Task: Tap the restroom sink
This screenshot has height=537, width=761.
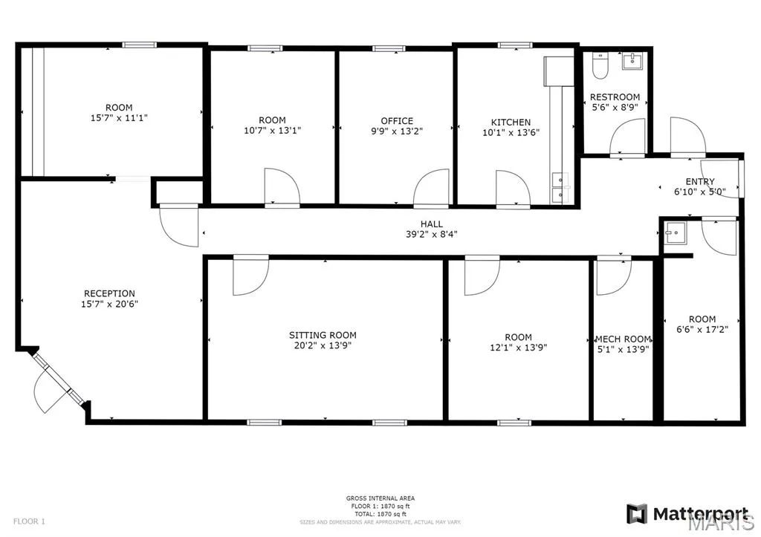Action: [632, 61]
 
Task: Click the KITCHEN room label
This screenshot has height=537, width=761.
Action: [511, 123]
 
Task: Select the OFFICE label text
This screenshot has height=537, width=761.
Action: [397, 121]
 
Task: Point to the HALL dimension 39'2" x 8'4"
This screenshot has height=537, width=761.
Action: [432, 234]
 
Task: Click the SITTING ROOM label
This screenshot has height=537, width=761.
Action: [323, 335]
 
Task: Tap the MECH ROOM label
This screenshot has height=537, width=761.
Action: [624, 339]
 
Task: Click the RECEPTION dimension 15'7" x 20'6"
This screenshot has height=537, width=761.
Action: [110, 305]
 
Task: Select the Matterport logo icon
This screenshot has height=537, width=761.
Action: [637, 514]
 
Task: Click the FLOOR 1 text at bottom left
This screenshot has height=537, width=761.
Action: [29, 521]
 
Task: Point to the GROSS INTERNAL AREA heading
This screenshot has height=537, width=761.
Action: [380, 498]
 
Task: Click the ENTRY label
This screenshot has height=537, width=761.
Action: [700, 181]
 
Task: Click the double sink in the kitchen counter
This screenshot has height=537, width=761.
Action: [560, 187]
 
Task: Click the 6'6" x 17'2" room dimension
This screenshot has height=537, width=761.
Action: [702, 329]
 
